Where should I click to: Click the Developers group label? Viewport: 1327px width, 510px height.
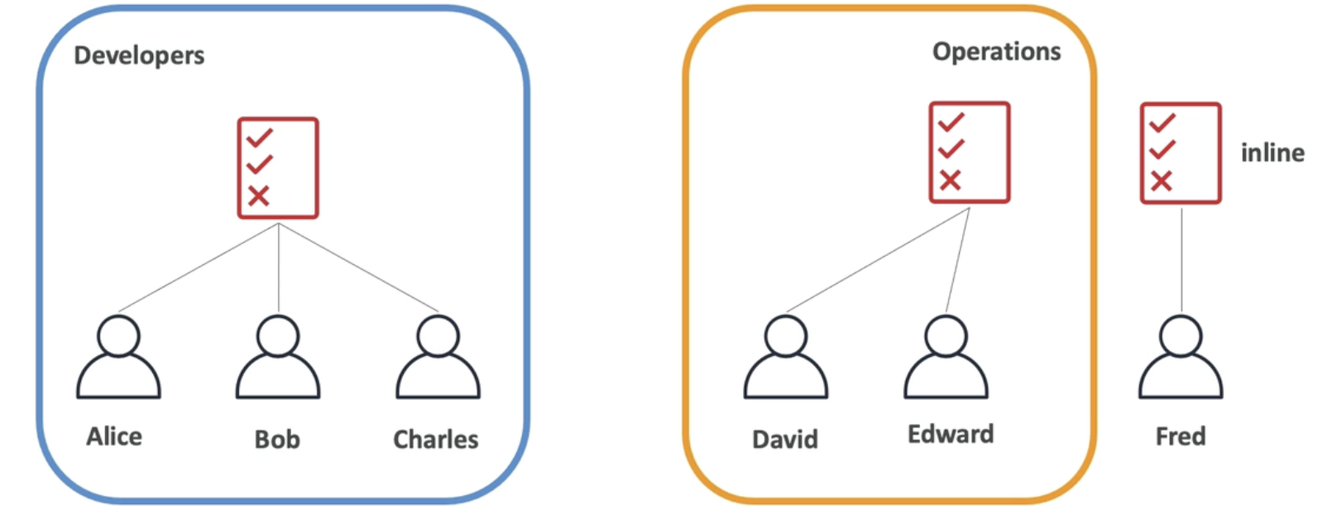pyautogui.click(x=139, y=55)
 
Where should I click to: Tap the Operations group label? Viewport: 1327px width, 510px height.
pyautogui.click(x=996, y=52)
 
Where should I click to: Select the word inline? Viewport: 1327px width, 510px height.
pyautogui.click(x=1272, y=152)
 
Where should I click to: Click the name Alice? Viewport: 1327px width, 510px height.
pyautogui.click(x=114, y=436)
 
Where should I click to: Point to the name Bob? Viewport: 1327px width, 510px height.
pyautogui.click(x=277, y=439)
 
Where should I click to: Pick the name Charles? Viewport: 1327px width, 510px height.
pyautogui.click(x=435, y=439)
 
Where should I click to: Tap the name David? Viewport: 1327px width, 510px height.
pyautogui.click(x=784, y=439)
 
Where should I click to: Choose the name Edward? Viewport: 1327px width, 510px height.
pyautogui.click(x=951, y=435)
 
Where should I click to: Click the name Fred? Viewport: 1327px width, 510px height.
pyautogui.click(x=1180, y=436)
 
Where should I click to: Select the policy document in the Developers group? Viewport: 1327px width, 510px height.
pyautogui.click(x=278, y=168)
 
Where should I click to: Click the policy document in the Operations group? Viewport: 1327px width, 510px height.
pyautogui.click(x=969, y=152)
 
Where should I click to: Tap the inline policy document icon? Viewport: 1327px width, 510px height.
pyautogui.click(x=1181, y=153)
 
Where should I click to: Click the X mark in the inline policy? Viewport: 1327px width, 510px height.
pyautogui.click(x=1162, y=180)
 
